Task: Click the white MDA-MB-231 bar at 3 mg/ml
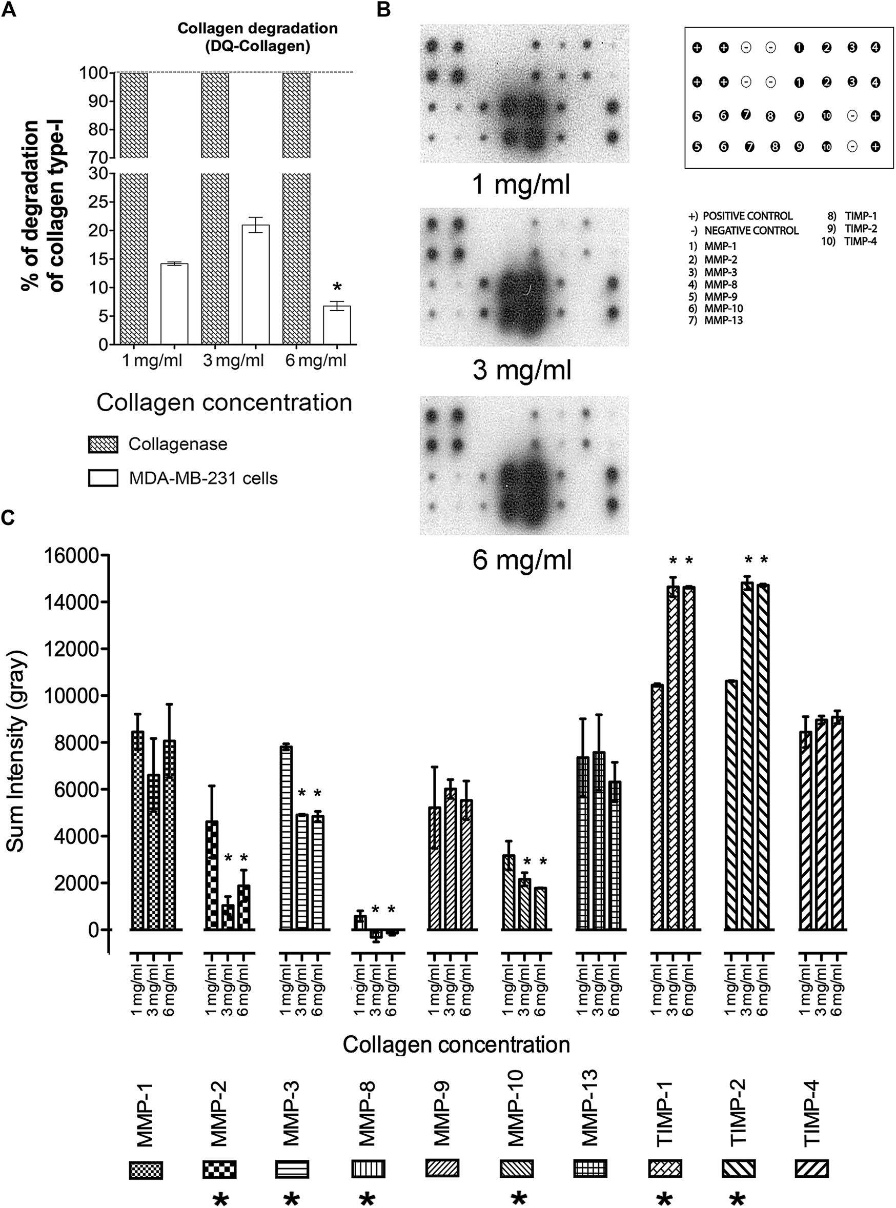pos(255,284)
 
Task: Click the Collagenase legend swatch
pos(103,445)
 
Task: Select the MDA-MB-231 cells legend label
pos(203,478)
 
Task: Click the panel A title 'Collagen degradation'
pos(258,28)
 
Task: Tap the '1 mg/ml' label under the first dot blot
pos(522,185)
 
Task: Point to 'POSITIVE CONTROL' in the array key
pos(747,216)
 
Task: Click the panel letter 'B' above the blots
pos(384,9)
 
